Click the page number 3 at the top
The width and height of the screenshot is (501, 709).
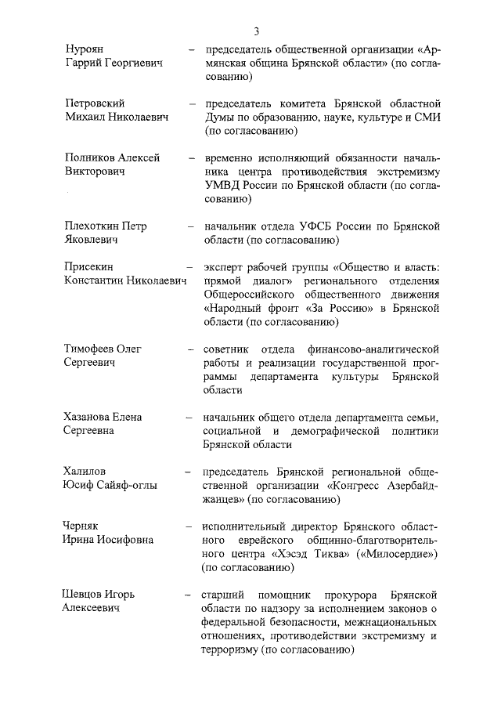pos(256,31)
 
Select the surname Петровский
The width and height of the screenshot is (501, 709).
pos(94,103)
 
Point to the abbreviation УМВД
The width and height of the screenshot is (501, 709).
pos(222,186)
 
